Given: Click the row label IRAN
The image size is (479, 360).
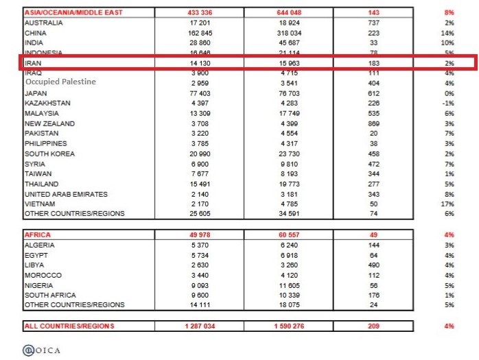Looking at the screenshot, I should pyautogui.click(x=32, y=62).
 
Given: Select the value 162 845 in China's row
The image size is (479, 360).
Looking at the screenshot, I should pyautogui.click(x=200, y=32).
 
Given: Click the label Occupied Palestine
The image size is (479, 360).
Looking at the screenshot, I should pyautogui.click(x=60, y=82).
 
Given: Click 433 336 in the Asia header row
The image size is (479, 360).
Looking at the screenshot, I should pyautogui.click(x=200, y=12).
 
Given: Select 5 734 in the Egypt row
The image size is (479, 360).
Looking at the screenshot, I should pyautogui.click(x=200, y=254).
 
